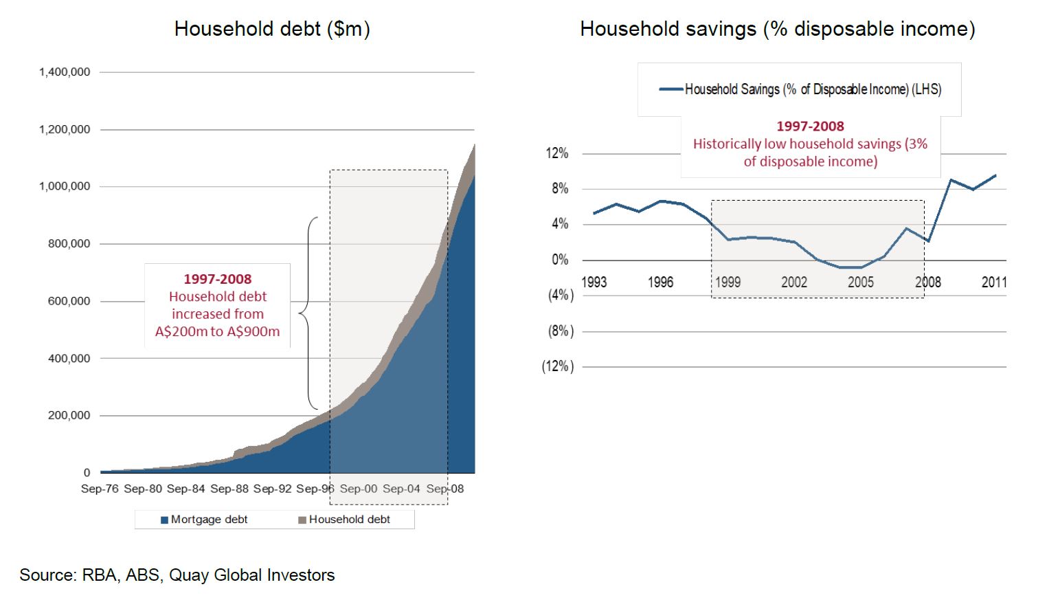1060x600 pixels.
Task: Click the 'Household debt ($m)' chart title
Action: click(272, 29)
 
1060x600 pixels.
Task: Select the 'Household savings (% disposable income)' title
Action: click(777, 29)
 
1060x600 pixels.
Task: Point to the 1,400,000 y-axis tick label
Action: click(65, 72)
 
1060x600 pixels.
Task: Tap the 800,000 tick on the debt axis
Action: click(69, 244)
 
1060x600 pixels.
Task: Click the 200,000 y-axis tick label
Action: click(69, 416)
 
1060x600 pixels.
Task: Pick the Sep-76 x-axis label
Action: click(100, 489)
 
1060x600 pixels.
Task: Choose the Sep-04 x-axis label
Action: click(401, 489)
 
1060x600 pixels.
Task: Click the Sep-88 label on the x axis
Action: click(229, 489)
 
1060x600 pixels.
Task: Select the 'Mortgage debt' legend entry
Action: click(204, 520)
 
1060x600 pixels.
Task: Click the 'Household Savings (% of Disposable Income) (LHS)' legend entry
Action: click(800, 89)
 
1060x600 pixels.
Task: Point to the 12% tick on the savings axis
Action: click(557, 153)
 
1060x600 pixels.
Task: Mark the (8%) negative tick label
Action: click(561, 331)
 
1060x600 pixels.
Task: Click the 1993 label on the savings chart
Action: click(594, 282)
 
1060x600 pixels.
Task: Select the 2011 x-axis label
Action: click(994, 282)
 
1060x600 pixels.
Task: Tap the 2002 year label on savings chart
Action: click(794, 282)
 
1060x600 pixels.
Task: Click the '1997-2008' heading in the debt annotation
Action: click(217, 279)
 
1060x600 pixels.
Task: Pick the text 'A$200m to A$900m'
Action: click(217, 332)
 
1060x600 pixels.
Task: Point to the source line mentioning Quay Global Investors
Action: click(177, 575)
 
